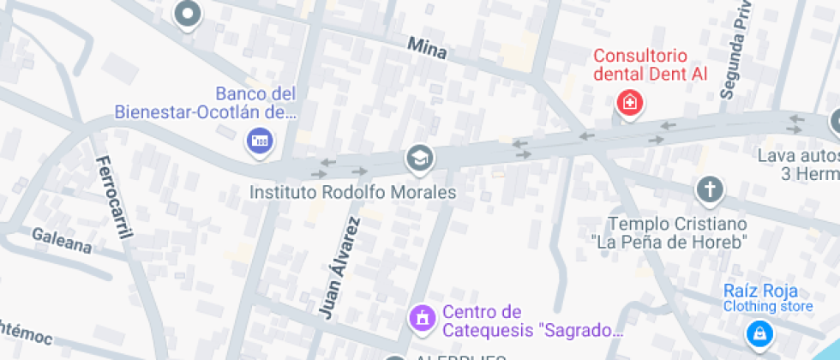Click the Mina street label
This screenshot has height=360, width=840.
(x=427, y=48)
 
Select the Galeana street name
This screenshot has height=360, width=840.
(x=62, y=240)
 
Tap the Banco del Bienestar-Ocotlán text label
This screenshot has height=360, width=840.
(x=206, y=103)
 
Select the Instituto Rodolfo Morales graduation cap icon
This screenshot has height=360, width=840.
(x=420, y=158)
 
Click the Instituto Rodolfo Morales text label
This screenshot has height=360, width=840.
(x=352, y=192)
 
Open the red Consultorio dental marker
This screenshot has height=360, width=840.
(x=630, y=104)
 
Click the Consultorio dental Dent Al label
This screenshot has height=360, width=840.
(x=651, y=65)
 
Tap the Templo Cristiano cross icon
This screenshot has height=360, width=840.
(x=710, y=189)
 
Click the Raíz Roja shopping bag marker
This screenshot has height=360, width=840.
(x=759, y=333)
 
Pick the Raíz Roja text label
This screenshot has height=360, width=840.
(x=759, y=291)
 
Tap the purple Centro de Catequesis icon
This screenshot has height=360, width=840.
(x=421, y=319)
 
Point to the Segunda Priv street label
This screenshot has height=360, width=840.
(x=736, y=51)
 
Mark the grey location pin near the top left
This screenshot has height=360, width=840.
(x=187, y=14)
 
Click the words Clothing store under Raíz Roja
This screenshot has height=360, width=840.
(x=767, y=306)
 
